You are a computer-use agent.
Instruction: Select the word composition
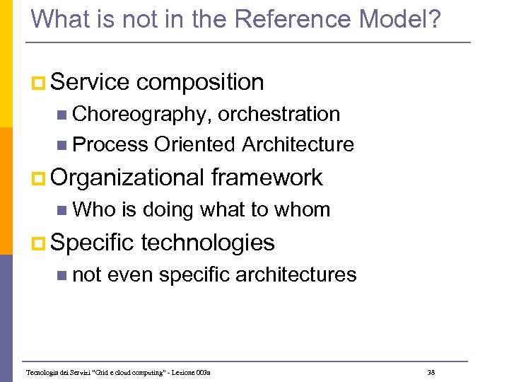point(200,83)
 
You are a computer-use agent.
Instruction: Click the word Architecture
point(298,144)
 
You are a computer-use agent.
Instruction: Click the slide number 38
point(431,372)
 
